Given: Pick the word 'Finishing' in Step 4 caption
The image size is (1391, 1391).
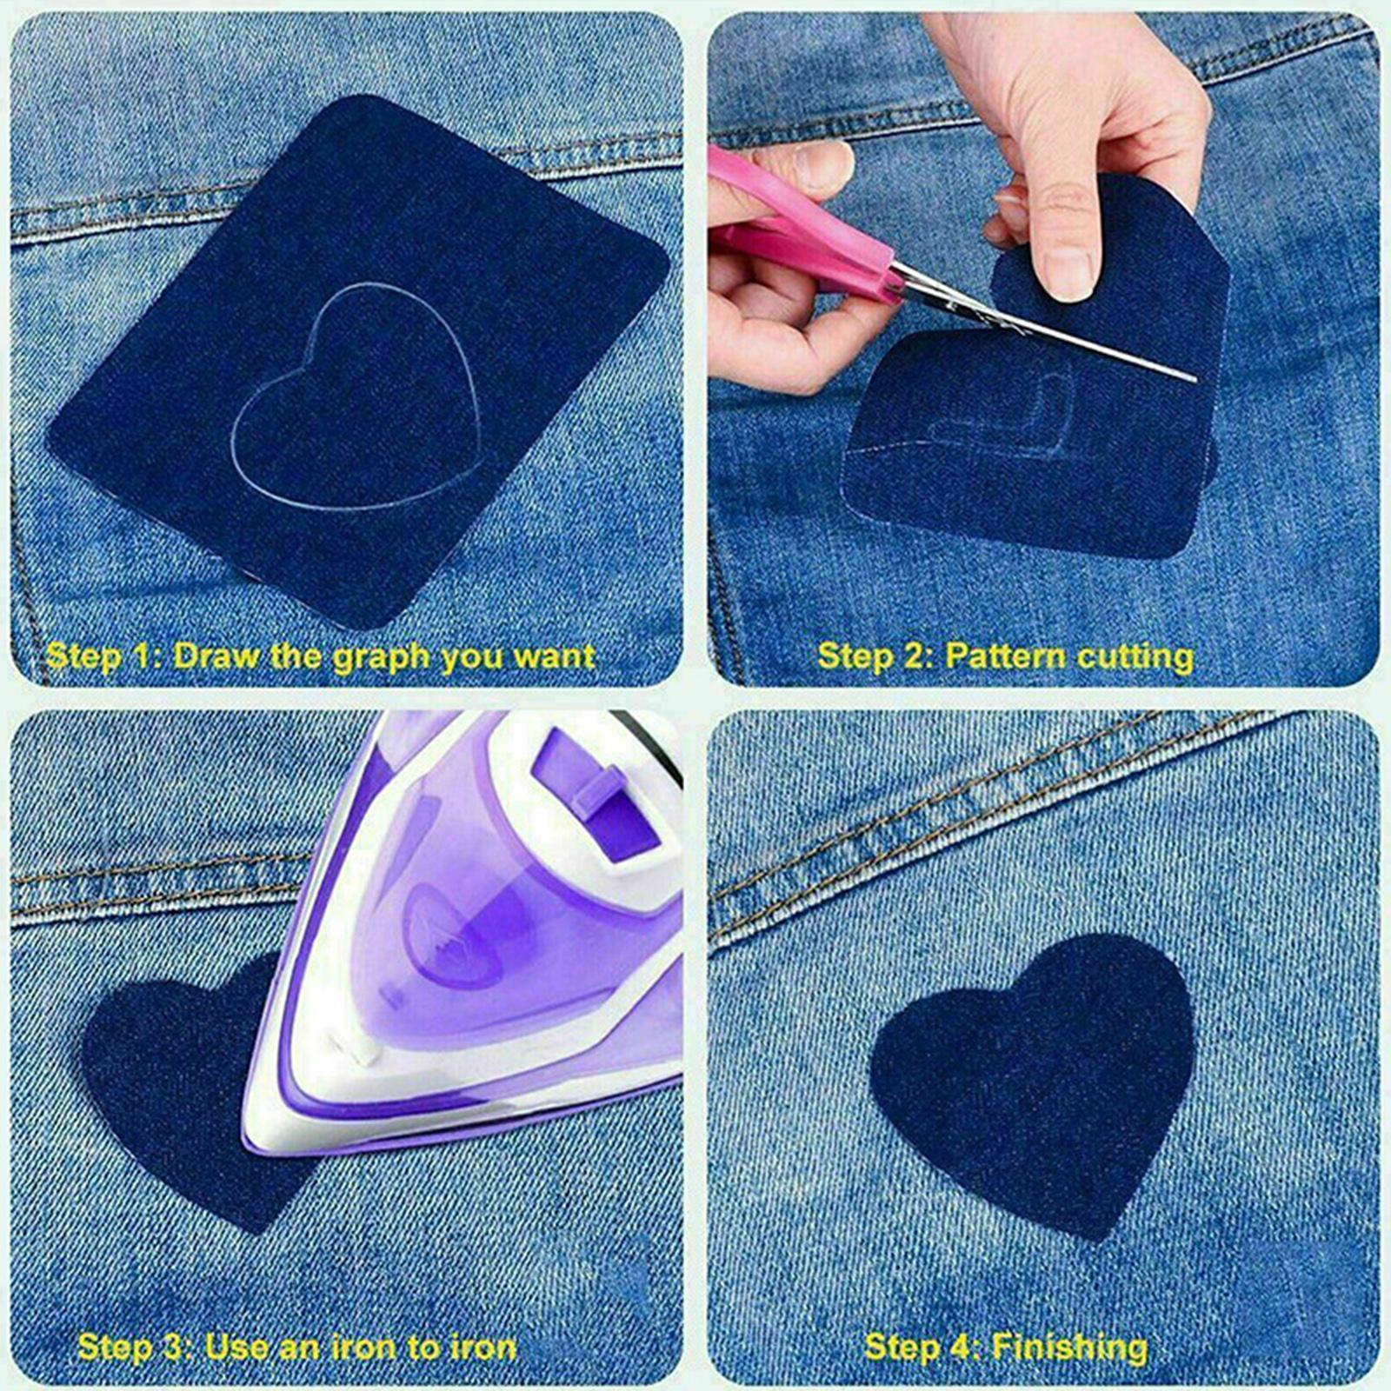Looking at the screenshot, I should point(1069,1348).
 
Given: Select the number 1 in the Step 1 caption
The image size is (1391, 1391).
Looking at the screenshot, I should point(144,656).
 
